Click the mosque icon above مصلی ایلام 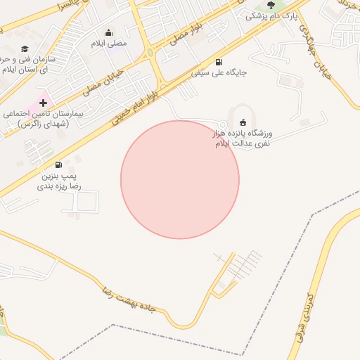(x=108, y=32)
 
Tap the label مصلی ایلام (x=108, y=44)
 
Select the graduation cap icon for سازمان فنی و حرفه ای (x=25, y=49)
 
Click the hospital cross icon (x=43, y=103)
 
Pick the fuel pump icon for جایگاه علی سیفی (x=218, y=62)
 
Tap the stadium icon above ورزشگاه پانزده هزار (x=243, y=122)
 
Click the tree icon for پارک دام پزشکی (x=271, y=6)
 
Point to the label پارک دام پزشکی (x=271, y=15)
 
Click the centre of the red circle (x=180, y=179)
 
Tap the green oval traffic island (x=150, y=53)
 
